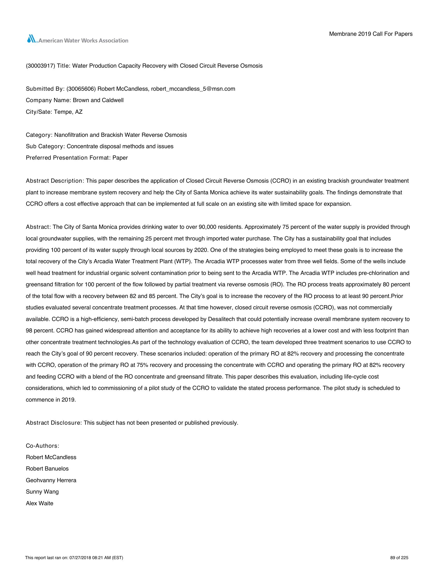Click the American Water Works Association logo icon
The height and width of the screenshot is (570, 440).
tap(32, 39)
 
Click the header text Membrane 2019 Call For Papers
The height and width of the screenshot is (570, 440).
tap(371, 34)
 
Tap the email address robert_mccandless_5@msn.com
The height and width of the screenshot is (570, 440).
tap(193, 89)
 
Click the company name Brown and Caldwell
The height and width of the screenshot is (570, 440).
tap(98, 100)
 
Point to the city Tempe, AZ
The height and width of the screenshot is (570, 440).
tap(68, 112)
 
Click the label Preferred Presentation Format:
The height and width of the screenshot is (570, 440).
tap(68, 158)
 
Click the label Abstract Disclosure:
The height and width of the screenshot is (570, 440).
tap(54, 423)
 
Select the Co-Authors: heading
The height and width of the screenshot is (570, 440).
tap(42, 446)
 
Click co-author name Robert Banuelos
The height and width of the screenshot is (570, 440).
tap(47, 469)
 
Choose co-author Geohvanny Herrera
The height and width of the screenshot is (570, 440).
tap(51, 480)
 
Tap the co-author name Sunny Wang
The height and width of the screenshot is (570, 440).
tap(42, 492)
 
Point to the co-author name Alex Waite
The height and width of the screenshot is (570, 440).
tap(39, 503)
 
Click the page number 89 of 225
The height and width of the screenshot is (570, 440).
tap(399, 558)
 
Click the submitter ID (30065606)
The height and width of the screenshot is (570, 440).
tap(81, 89)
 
